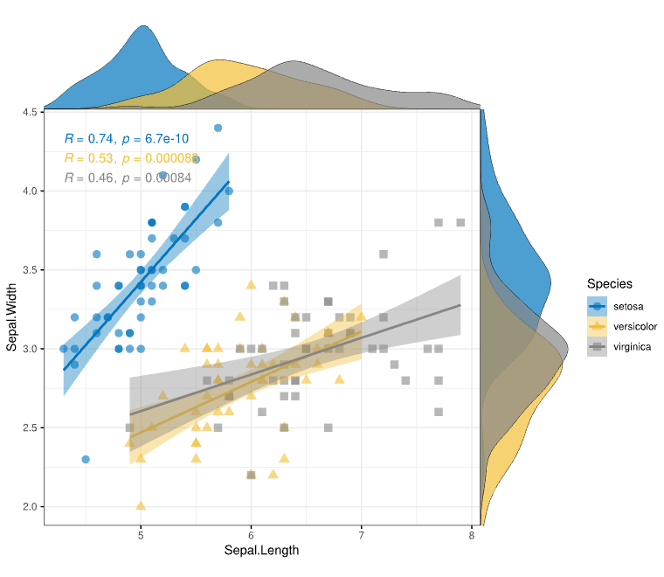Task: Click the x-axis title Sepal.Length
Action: point(261,550)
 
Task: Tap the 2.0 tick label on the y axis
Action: point(29,507)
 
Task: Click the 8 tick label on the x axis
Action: point(472,534)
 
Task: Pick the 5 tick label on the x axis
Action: point(141,534)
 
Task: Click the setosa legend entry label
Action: point(628,305)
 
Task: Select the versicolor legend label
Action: point(634,326)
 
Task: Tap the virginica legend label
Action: point(633,347)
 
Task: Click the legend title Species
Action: point(610,283)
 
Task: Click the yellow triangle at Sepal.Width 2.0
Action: point(141,505)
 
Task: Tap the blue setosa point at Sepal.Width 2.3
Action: point(86,459)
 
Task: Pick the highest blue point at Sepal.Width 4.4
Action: point(218,128)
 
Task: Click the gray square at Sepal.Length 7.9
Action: point(460,222)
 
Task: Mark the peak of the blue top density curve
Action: point(143,26)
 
